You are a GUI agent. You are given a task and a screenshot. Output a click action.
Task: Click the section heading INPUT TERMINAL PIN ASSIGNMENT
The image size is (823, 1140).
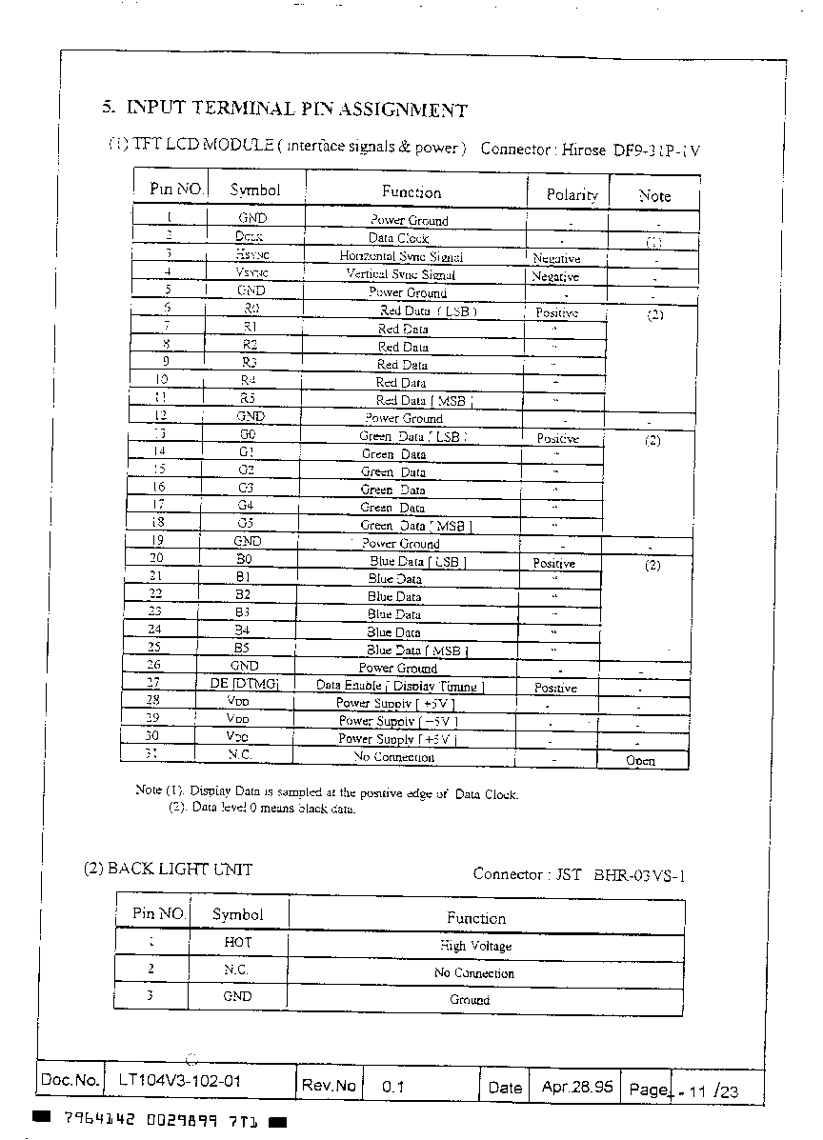tap(296, 110)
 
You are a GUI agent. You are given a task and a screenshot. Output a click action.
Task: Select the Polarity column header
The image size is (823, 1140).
tap(572, 194)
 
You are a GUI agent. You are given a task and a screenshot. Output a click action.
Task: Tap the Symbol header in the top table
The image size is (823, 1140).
tap(255, 190)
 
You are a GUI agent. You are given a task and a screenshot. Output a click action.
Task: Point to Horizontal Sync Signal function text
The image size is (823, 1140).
tap(401, 256)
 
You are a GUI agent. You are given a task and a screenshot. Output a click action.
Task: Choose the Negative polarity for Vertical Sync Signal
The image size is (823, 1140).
tap(555, 276)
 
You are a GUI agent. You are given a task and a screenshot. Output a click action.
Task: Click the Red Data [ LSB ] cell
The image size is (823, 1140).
tap(428, 310)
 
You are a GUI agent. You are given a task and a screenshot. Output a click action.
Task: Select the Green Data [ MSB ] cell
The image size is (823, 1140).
tap(415, 526)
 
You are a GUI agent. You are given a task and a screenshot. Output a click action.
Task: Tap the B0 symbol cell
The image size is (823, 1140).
tap(244, 560)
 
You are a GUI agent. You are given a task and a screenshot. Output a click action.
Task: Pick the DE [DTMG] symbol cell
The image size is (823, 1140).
tap(244, 683)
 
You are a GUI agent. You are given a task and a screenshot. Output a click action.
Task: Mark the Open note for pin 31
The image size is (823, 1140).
tap(640, 761)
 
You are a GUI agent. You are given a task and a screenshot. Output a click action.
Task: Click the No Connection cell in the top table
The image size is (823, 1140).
tap(393, 757)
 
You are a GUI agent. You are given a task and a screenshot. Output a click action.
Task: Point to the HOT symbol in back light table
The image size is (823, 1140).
tap(237, 942)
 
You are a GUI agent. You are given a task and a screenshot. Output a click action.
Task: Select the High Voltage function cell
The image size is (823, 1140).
tap(475, 946)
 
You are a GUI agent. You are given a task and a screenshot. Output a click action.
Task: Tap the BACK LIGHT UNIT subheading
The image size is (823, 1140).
tap(168, 869)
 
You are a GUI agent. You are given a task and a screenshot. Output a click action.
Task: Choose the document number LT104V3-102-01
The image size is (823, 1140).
tap(180, 1081)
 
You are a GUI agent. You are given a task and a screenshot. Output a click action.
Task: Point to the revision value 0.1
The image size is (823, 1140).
tap(392, 1086)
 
